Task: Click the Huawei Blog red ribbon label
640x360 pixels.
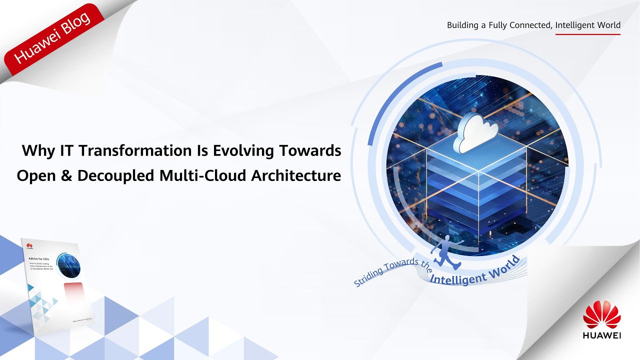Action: pyautogui.click(x=52, y=38)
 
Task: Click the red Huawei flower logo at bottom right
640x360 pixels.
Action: pyautogui.click(x=602, y=315)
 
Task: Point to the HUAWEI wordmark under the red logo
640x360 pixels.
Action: pyautogui.click(x=602, y=336)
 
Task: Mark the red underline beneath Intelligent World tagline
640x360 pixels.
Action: pyautogui.click(x=587, y=34)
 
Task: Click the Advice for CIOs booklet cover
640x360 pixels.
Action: pyautogui.click(x=53, y=280)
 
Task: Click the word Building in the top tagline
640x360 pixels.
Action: pyautogui.click(x=463, y=25)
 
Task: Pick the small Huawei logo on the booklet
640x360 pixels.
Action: pyautogui.click(x=29, y=245)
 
